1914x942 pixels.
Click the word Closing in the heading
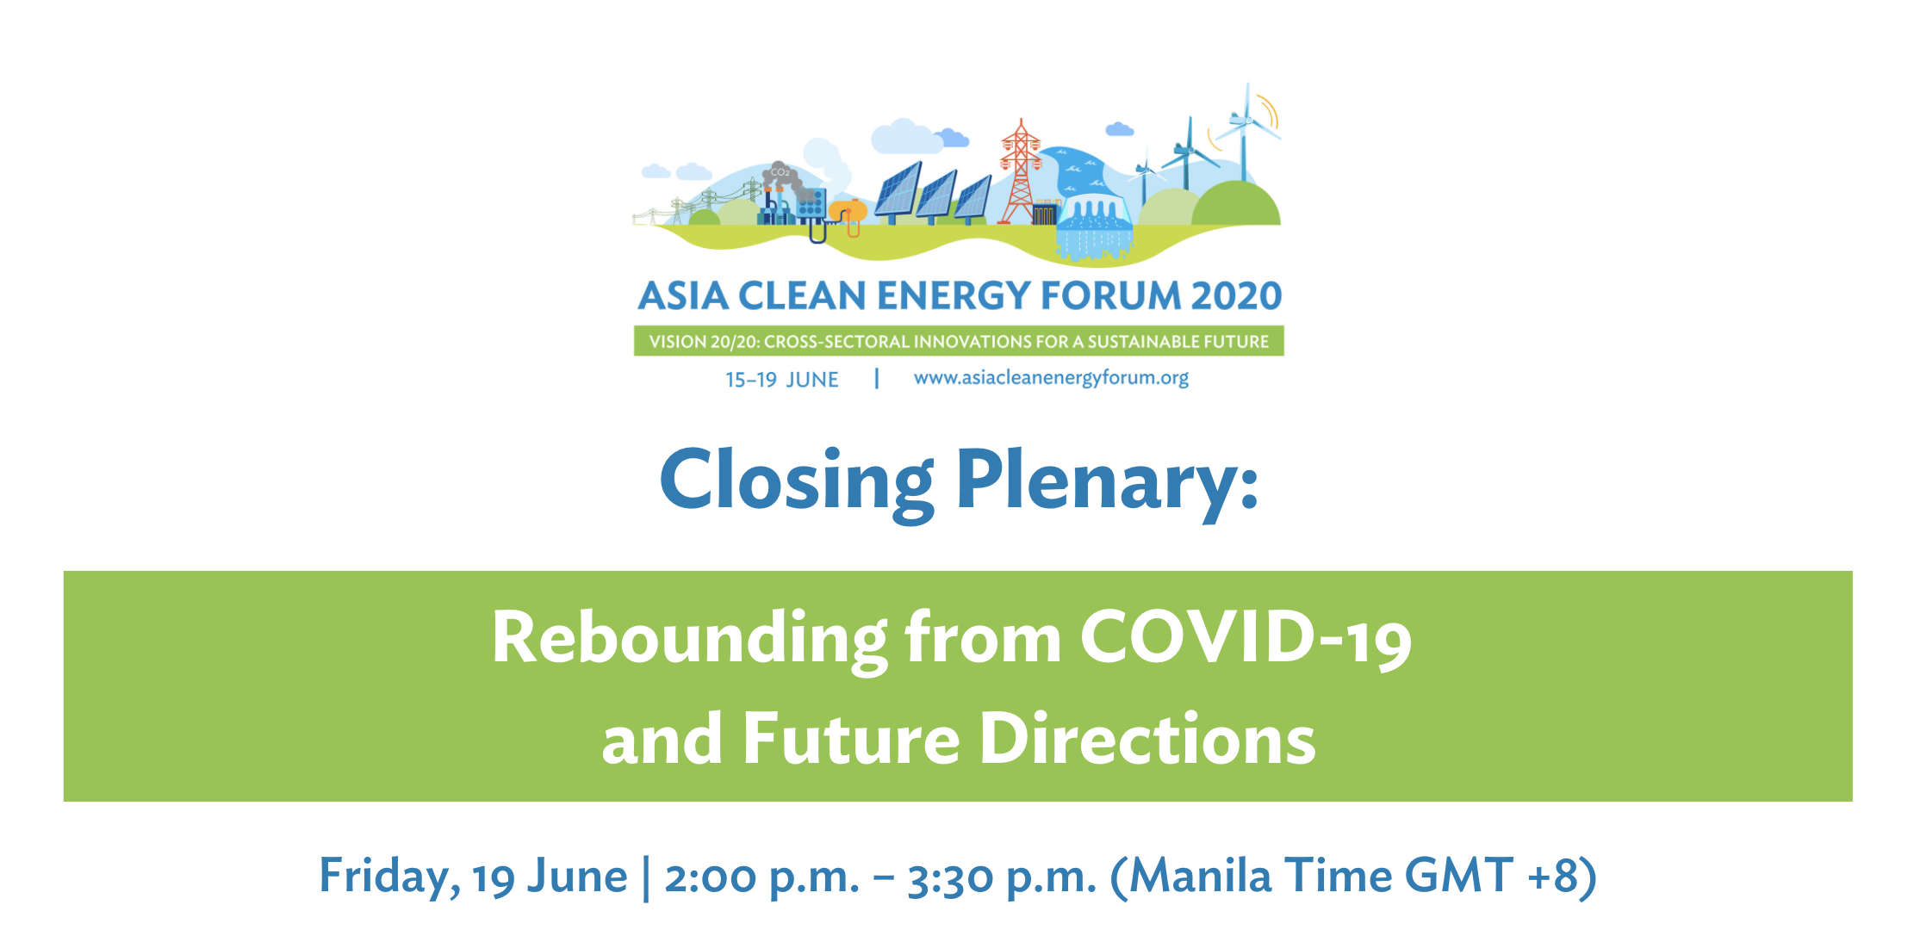(797, 482)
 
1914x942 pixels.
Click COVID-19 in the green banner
(1246, 639)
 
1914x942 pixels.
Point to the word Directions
(1148, 739)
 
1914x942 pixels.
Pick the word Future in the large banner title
(851, 739)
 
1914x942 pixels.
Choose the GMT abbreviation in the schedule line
(1458, 877)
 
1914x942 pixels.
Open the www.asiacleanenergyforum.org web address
(1051, 379)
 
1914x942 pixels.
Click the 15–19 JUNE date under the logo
(781, 380)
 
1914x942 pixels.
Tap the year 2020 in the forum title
(1236, 295)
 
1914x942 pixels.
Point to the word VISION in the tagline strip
(678, 342)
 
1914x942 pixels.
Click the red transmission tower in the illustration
(1020, 172)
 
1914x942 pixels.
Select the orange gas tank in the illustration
(849, 213)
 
